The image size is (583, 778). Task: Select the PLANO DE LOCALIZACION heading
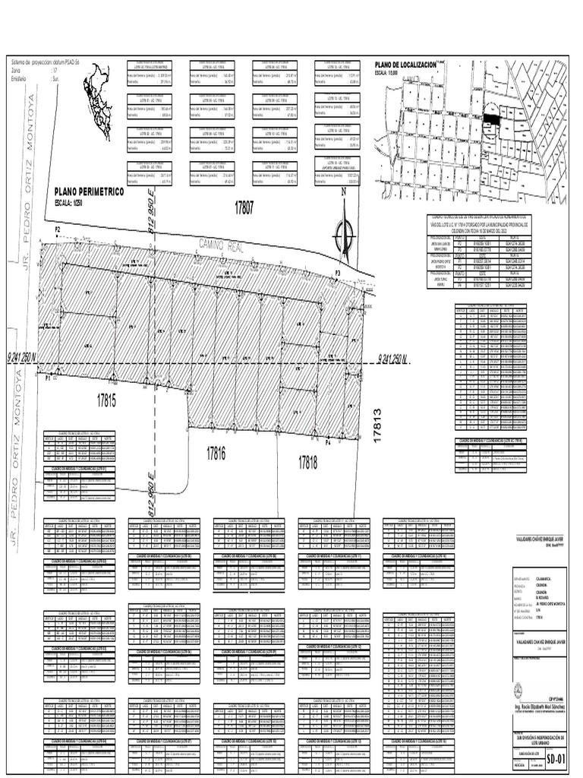coord(403,66)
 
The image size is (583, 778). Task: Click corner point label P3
coord(339,272)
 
